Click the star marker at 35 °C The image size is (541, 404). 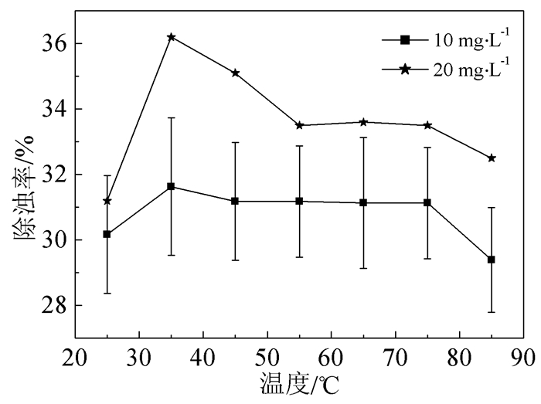click(x=171, y=36)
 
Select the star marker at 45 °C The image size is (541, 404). click(x=235, y=73)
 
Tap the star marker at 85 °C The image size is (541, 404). click(x=492, y=158)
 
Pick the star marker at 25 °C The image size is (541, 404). click(x=107, y=201)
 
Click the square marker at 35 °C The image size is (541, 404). click(x=171, y=186)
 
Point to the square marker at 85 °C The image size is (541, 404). click(x=492, y=260)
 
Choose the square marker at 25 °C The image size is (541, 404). click(x=107, y=234)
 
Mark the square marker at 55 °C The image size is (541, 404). click(x=299, y=201)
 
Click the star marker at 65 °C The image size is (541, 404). click(x=363, y=122)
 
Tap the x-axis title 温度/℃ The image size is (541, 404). click(x=300, y=384)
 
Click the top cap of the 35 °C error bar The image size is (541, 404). click(x=171, y=117)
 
